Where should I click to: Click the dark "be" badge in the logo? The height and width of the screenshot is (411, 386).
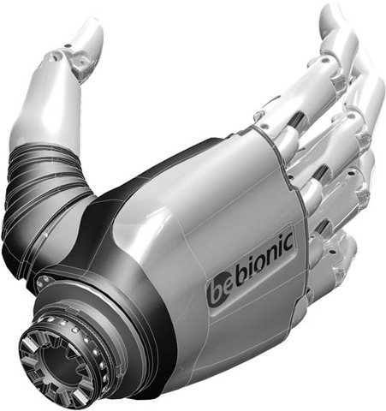221,289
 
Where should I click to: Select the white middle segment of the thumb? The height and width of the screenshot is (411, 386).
39,107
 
